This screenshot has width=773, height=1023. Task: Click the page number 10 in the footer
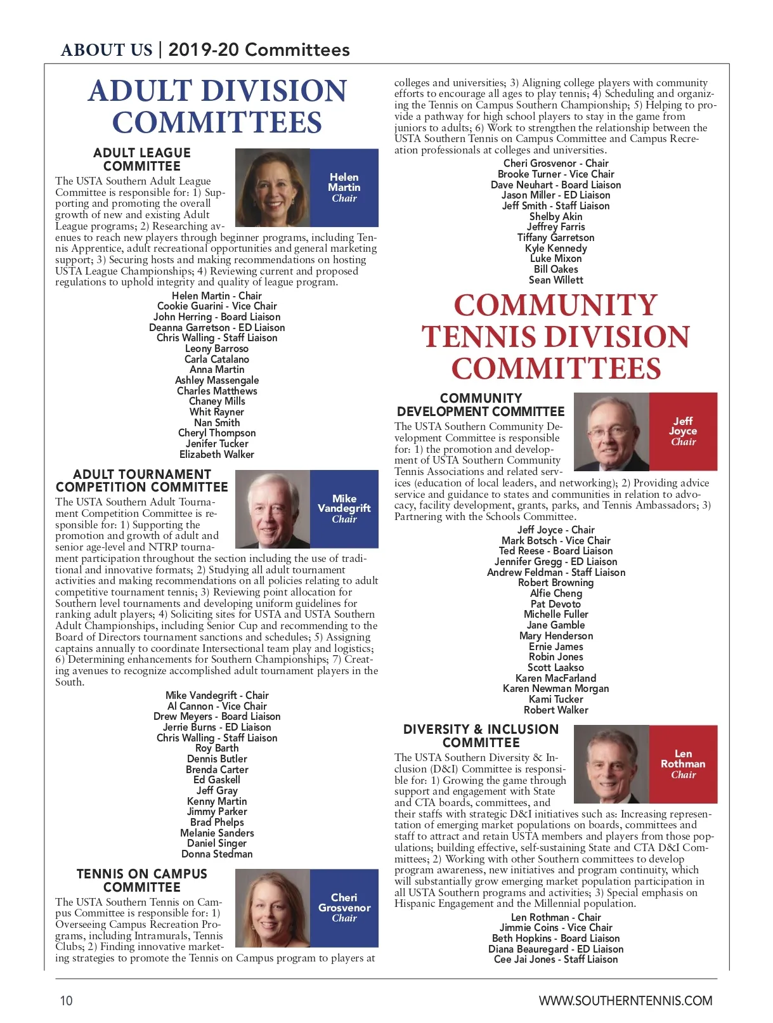pos(67,1001)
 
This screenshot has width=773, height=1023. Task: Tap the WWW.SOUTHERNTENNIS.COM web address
pos(625,1001)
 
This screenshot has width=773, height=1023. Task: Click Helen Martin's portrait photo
pos(273,188)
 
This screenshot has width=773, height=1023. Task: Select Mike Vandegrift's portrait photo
pos(273,509)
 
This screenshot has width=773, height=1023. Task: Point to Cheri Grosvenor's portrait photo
pos(273,908)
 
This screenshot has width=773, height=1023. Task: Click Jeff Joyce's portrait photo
pos(611,431)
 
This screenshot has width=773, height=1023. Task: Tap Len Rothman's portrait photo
pos(611,764)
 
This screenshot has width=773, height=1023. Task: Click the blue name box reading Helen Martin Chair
pos(344,188)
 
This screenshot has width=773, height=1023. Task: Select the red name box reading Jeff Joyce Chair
pos(683,431)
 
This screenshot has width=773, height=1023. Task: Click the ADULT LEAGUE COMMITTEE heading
pos(142,159)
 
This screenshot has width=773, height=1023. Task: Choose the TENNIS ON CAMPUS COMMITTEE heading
pos(142,880)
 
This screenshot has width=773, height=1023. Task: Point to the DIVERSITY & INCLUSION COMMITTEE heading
pos(481,736)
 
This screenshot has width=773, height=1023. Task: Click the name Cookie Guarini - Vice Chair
pos(217,306)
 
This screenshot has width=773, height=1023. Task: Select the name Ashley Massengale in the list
pos(217,380)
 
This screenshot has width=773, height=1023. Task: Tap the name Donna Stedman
pos(217,854)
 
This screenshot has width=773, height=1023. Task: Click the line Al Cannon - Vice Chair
pos(217,706)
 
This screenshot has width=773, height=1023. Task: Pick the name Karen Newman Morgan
pos(555,688)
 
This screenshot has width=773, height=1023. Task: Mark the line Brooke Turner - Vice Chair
pos(555,174)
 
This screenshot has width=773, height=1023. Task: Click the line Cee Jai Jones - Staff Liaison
pos(555,959)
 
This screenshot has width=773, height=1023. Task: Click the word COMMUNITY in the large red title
pos(555,305)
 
